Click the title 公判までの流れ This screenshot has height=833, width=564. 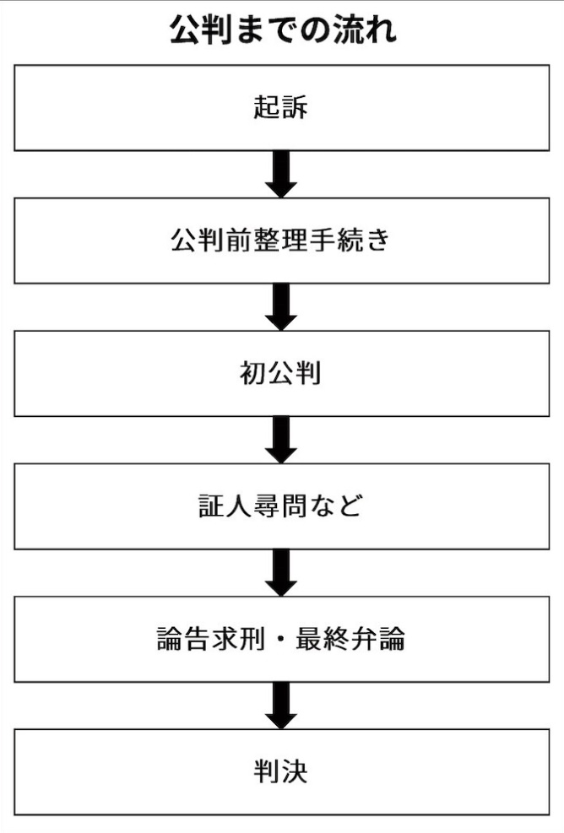point(282,30)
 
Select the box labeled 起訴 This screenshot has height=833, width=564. point(281,108)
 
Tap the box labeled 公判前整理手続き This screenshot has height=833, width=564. point(281,241)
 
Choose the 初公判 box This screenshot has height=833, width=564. point(281,374)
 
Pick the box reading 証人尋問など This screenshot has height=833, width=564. point(281,506)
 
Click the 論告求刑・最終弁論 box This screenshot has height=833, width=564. point(281,639)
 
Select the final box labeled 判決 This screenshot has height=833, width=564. point(281,771)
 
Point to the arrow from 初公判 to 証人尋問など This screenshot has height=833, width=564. point(281,440)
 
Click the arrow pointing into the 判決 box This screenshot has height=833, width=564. point(281,706)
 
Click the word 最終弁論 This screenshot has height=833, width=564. point(350,639)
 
